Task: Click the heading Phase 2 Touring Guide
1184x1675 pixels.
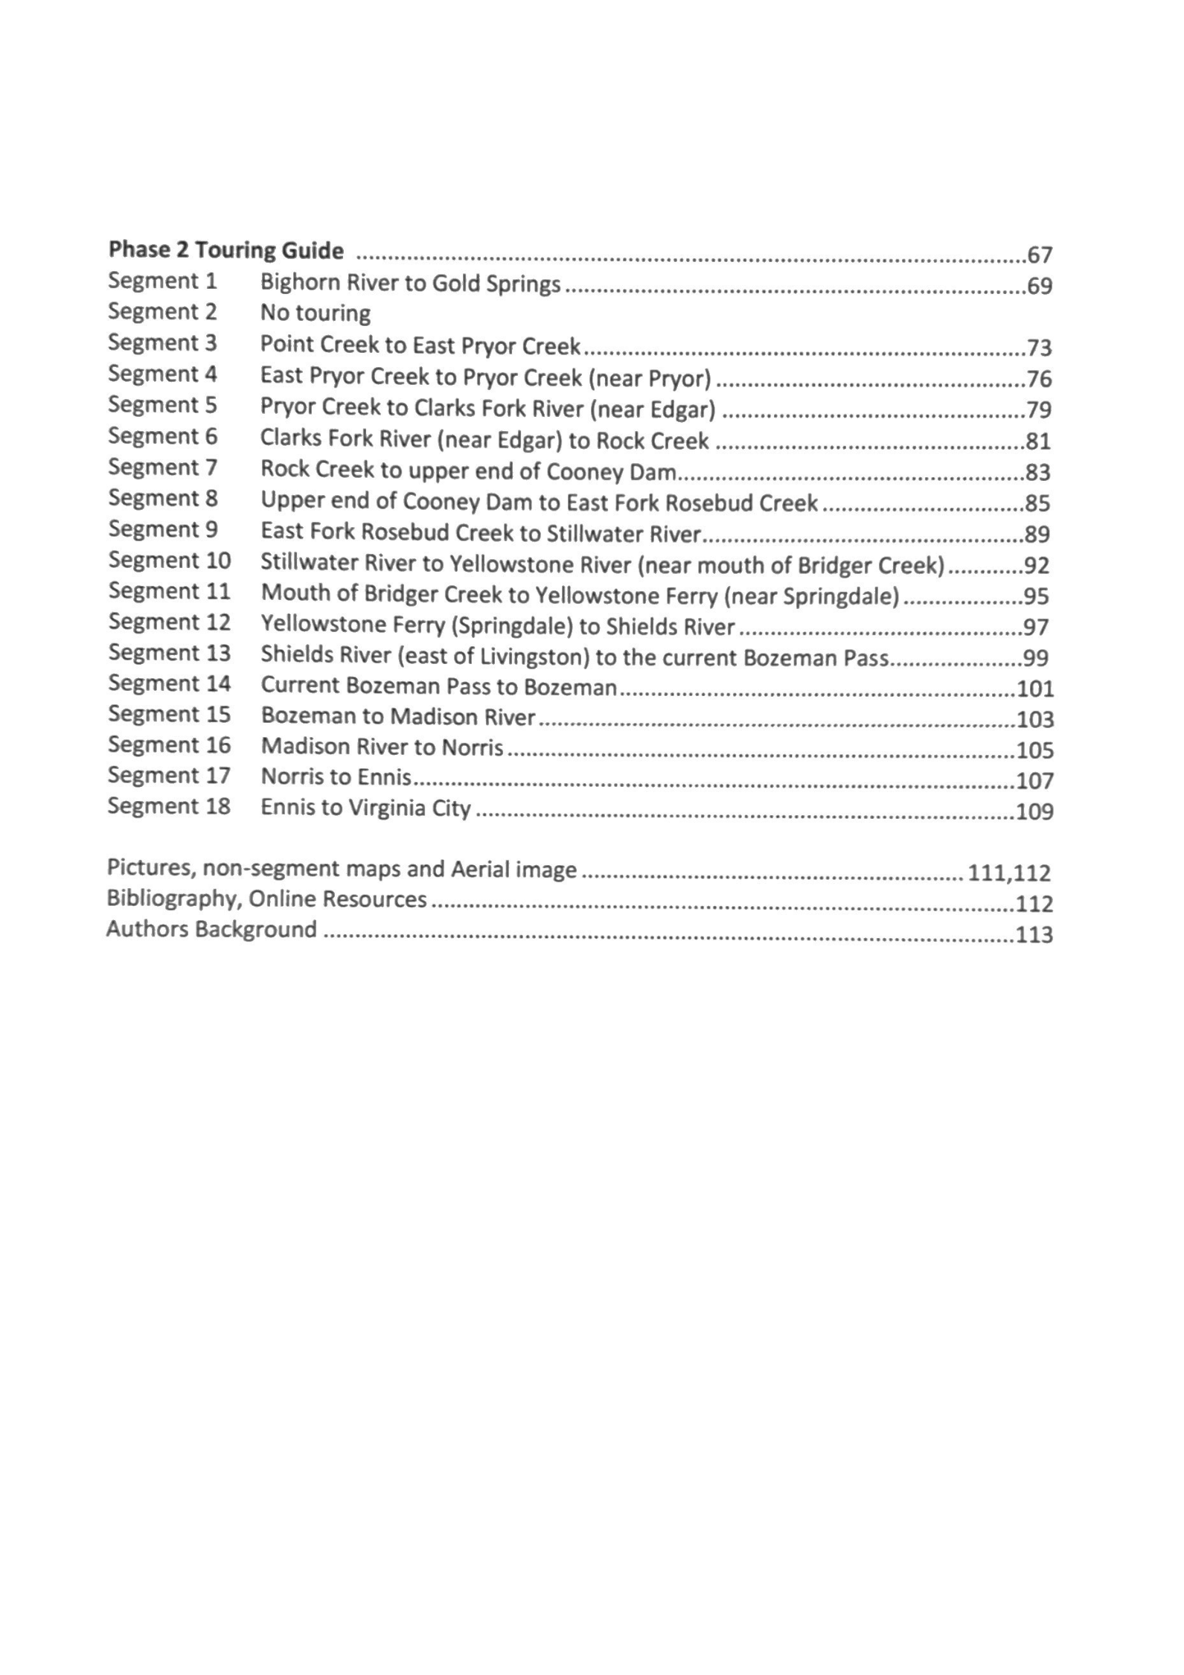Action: pyautogui.click(x=226, y=250)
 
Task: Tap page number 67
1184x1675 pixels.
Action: pyautogui.click(x=1040, y=255)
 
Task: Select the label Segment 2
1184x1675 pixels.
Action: pyautogui.click(x=162, y=311)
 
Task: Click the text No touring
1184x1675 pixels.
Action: pyautogui.click(x=315, y=313)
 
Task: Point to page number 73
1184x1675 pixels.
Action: pyautogui.click(x=1040, y=348)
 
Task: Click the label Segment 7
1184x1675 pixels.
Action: pyautogui.click(x=162, y=467)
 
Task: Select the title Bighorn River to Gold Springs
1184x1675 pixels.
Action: pyautogui.click(x=410, y=283)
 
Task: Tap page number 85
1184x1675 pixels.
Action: pyautogui.click(x=1038, y=504)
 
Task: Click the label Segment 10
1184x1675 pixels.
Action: pyautogui.click(x=170, y=560)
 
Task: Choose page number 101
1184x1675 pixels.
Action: pyautogui.click(x=1035, y=689)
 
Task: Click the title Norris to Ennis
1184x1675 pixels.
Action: pyautogui.click(x=336, y=777)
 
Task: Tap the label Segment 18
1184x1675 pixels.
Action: pyautogui.click(x=169, y=806)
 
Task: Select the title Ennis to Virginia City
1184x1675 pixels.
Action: pyautogui.click(x=365, y=808)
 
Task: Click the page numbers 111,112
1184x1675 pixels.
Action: pyautogui.click(x=1009, y=872)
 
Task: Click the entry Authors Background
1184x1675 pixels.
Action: pyautogui.click(x=211, y=930)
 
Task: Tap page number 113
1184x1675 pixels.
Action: pyautogui.click(x=1034, y=934)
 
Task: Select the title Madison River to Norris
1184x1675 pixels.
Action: pyautogui.click(x=383, y=747)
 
